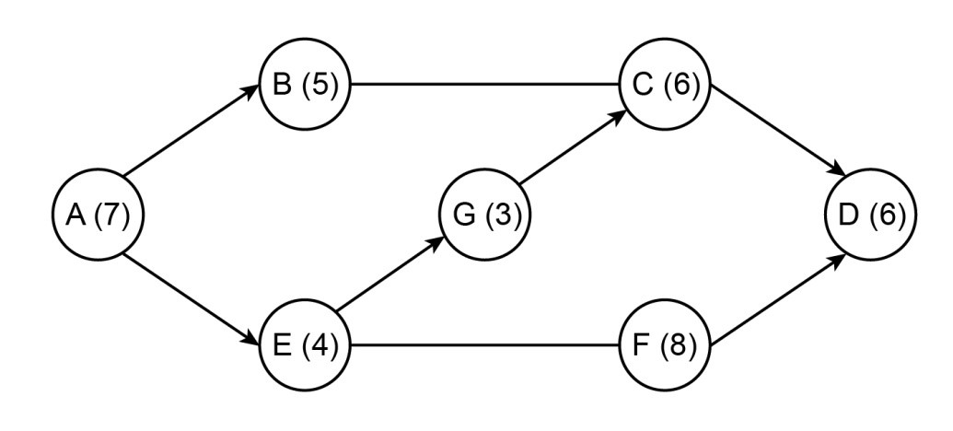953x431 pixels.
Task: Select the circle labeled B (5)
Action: click(x=306, y=86)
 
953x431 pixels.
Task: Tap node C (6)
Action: click(x=666, y=86)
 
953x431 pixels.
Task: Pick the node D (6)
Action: click(x=872, y=215)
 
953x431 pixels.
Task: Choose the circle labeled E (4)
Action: click(x=306, y=347)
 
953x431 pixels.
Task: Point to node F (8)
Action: click(x=666, y=347)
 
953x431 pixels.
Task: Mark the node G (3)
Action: click(x=487, y=215)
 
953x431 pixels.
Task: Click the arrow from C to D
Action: click(x=778, y=132)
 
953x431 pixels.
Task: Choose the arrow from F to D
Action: click(x=778, y=301)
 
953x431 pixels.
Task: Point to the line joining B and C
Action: click(x=485, y=86)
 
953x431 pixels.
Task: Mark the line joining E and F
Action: click(x=485, y=347)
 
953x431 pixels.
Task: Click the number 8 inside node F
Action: click(x=683, y=347)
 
